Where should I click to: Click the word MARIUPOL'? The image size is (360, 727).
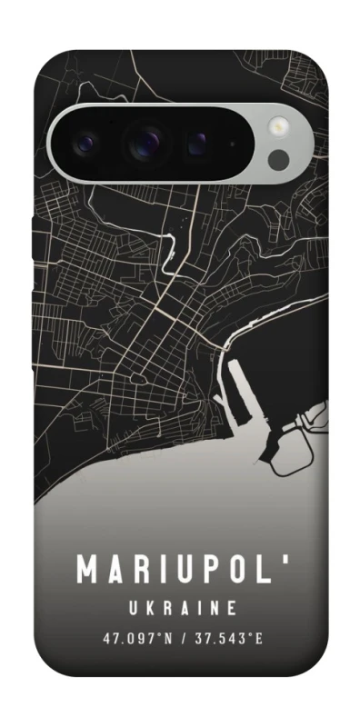pos(180,569)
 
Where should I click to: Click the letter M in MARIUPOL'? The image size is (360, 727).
pos(87,570)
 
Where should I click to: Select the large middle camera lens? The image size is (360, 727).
pos(144,141)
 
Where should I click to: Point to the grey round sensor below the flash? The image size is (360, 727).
pos(279,161)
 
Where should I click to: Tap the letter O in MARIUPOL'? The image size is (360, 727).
pos(242,570)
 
